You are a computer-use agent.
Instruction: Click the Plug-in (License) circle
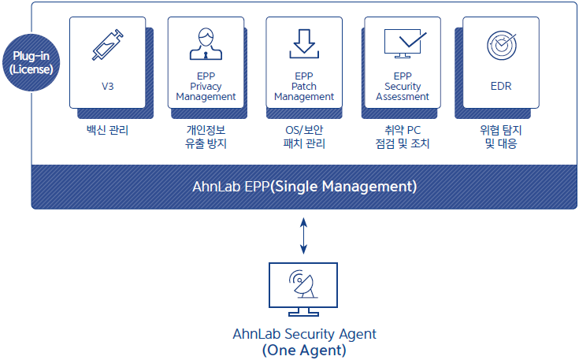pyautogui.click(x=31, y=62)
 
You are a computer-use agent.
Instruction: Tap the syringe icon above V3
pyautogui.click(x=107, y=45)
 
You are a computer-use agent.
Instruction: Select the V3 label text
pyautogui.click(x=107, y=87)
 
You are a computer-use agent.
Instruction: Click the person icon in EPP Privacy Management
pyautogui.click(x=206, y=44)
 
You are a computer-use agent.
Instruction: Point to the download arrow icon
pyautogui.click(x=304, y=43)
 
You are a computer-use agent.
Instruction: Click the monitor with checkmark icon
pyautogui.click(x=405, y=43)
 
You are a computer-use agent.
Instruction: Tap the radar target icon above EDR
pyautogui.click(x=502, y=46)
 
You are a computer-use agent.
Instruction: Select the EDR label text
pyautogui.click(x=501, y=87)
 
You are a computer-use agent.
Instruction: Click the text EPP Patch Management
pyautogui.click(x=304, y=87)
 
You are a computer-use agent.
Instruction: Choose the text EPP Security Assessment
pyautogui.click(x=403, y=87)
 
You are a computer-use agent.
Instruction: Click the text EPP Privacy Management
pyautogui.click(x=206, y=87)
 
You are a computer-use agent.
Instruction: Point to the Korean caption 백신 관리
pyautogui.click(x=107, y=130)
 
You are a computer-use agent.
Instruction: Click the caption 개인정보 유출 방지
pyautogui.click(x=206, y=136)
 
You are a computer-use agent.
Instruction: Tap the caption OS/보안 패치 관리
pyautogui.click(x=304, y=136)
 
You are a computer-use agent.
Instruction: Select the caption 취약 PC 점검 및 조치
pyautogui.click(x=403, y=136)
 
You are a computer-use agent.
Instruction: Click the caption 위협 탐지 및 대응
pyautogui.click(x=501, y=136)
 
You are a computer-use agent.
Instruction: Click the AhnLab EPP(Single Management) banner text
pyautogui.click(x=305, y=187)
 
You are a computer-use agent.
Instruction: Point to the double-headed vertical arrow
pyautogui.click(x=303, y=236)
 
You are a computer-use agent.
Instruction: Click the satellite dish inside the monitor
pyautogui.click(x=303, y=284)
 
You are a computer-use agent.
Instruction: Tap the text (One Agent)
pyautogui.click(x=304, y=350)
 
